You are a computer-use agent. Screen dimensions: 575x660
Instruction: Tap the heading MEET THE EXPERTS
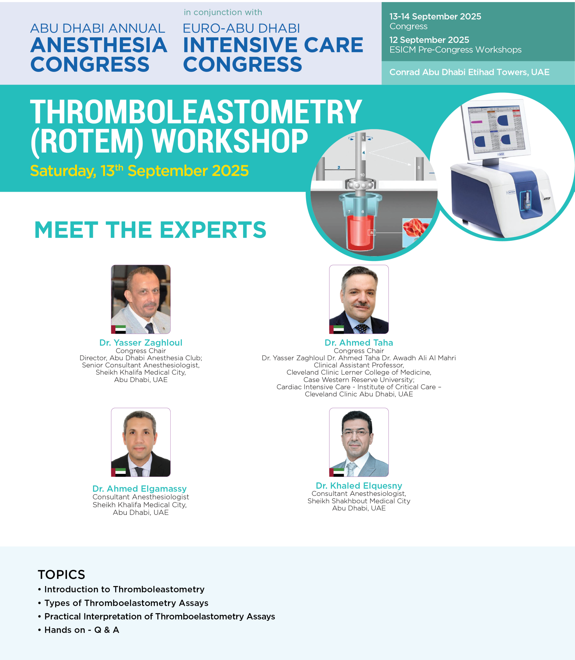[x=150, y=230]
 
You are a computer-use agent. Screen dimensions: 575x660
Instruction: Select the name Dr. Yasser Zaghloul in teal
[x=141, y=343]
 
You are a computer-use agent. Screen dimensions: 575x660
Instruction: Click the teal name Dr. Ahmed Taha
[x=359, y=343]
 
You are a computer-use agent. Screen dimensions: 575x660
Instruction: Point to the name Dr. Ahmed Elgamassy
[x=140, y=489]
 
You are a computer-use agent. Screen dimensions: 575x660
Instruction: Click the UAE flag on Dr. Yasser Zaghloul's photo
[x=118, y=329]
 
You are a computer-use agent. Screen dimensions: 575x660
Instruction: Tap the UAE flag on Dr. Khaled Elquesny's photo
[x=337, y=472]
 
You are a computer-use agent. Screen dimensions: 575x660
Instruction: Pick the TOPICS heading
[x=61, y=575]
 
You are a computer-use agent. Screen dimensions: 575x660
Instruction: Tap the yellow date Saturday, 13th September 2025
[x=139, y=170]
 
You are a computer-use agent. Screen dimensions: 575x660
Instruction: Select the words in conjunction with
[x=223, y=12]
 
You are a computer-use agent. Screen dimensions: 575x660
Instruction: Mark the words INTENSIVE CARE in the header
[x=273, y=45]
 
